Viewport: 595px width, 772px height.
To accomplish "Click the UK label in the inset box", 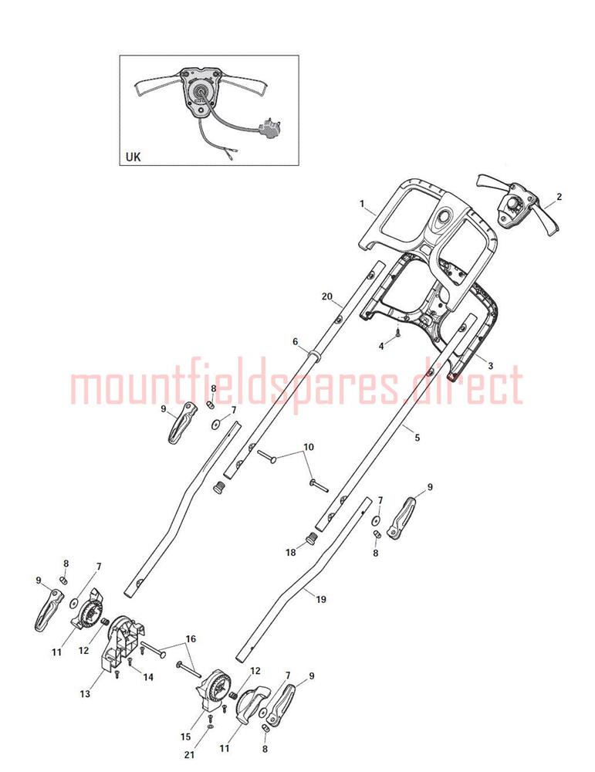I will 133,157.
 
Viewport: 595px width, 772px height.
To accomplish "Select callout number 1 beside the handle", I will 361,203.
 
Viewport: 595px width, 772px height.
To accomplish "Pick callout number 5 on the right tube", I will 418,438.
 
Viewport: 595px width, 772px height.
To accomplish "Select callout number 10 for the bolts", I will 308,447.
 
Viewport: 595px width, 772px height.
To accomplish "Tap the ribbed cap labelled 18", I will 310,538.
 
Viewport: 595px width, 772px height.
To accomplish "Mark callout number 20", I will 326,296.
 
